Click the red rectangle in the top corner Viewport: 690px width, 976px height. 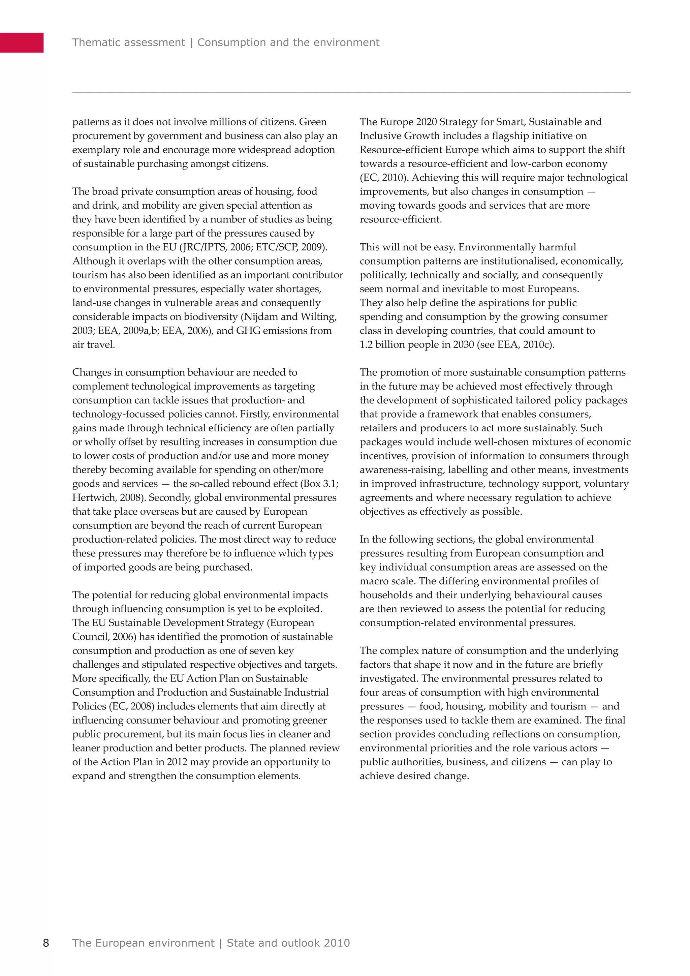pyautogui.click(x=21, y=42)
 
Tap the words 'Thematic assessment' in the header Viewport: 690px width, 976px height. pyautogui.click(x=128, y=42)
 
